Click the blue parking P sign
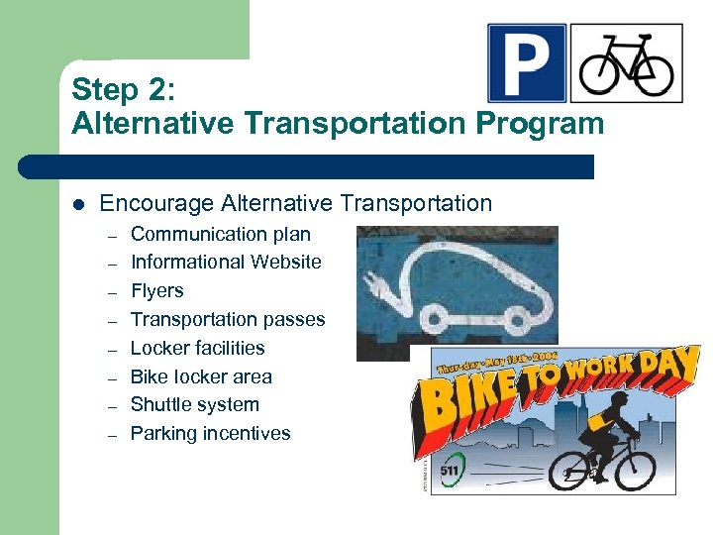tap(527, 63)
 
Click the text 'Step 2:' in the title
tap(123, 89)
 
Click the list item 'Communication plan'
tap(220, 235)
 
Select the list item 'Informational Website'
tap(226, 263)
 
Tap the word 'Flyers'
tap(157, 291)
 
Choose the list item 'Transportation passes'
tap(228, 319)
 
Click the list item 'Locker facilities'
tap(197, 348)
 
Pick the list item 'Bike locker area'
tap(201, 376)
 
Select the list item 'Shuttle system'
tap(194, 404)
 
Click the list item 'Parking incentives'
tap(210, 433)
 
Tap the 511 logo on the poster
tap(449, 469)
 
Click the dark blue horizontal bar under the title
tap(307, 166)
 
